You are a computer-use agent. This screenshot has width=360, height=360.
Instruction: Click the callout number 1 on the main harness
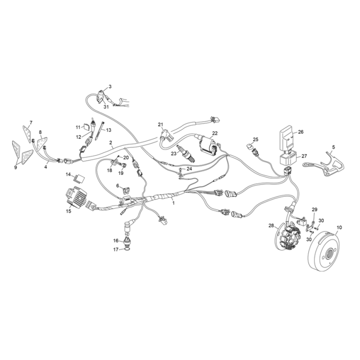(x=173, y=203)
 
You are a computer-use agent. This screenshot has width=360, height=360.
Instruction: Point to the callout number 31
(x=106, y=107)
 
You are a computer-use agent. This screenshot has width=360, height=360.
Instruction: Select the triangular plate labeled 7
(x=27, y=134)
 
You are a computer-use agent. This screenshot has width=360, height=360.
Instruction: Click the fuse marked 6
(x=125, y=190)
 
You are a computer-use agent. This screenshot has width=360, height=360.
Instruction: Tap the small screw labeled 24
(x=181, y=170)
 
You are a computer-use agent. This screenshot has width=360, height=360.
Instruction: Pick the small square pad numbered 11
(x=86, y=126)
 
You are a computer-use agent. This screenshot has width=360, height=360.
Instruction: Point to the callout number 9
(x=16, y=167)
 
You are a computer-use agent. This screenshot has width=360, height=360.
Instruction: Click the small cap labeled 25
(x=250, y=145)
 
